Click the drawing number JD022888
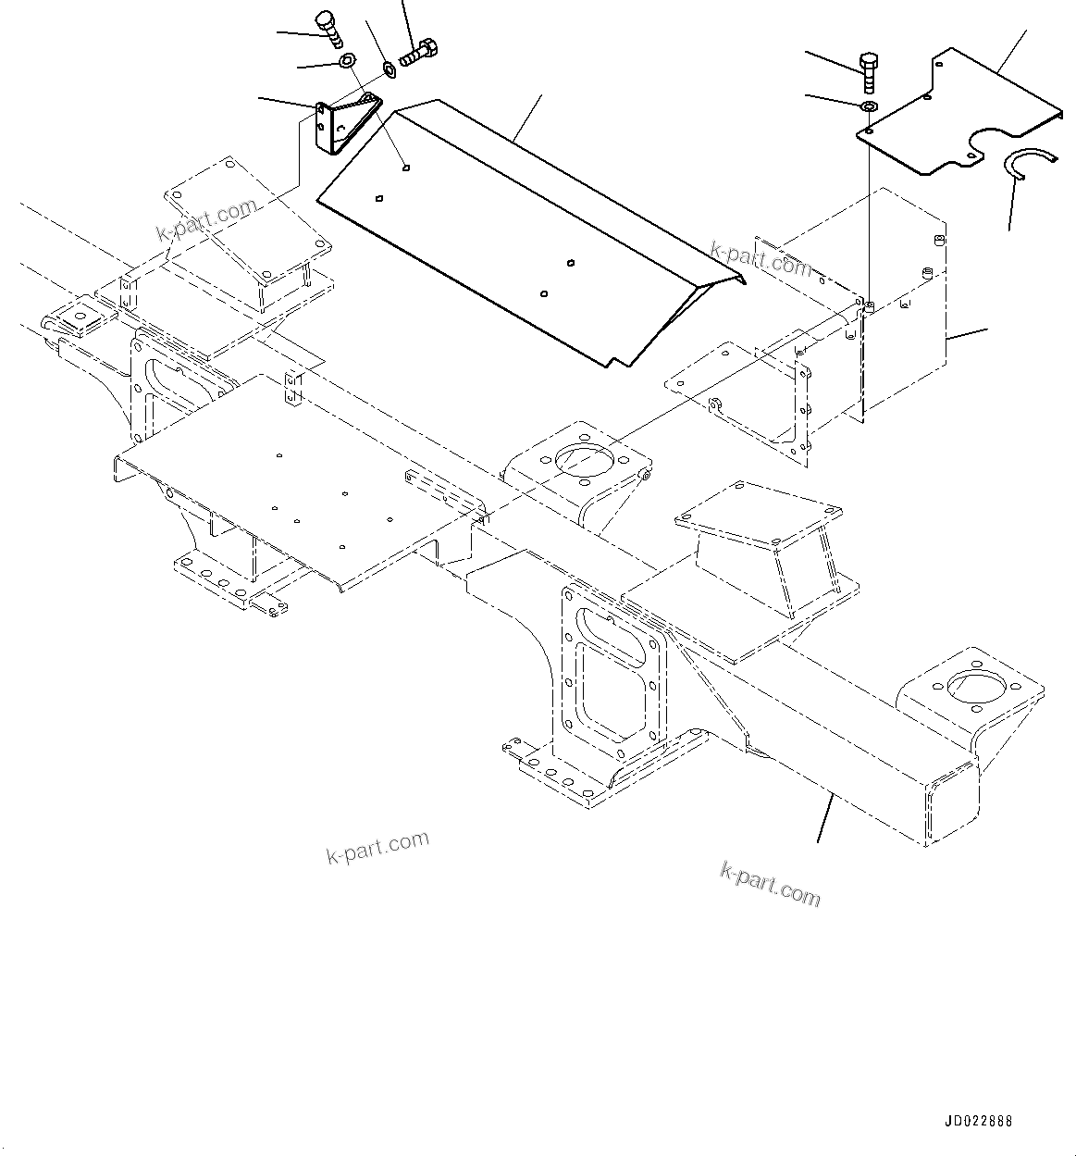tap(979, 1121)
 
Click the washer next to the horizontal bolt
tap(390, 68)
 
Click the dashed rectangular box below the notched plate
tap(902, 305)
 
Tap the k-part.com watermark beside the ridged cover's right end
tap(761, 260)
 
